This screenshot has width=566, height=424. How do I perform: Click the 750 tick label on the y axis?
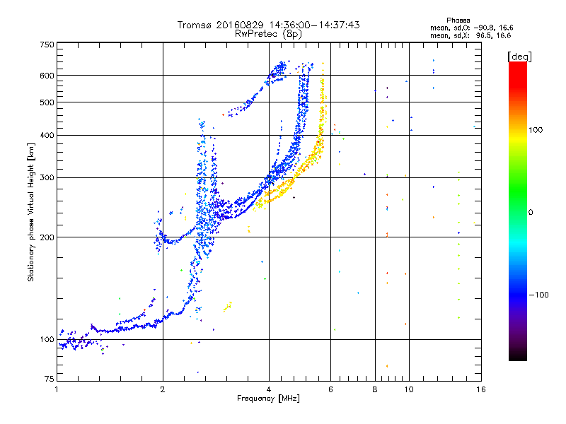tap(47, 45)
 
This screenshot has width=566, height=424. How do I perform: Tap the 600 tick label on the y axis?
tap(47, 76)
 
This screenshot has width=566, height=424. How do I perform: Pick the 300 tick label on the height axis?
tap(47, 177)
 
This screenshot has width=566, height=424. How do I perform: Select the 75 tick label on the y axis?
tap(49, 379)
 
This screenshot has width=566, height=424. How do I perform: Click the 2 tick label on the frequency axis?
tap(163, 389)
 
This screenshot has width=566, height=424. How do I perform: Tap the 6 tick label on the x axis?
tap(330, 389)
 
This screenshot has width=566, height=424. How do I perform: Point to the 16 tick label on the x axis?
tap(481, 389)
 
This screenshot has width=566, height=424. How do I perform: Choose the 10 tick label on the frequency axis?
tap(409, 389)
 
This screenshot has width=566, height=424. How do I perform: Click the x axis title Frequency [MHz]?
tap(268, 399)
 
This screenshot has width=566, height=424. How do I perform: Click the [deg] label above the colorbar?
tap(519, 57)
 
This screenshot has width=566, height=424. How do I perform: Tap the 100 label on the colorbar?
tap(536, 130)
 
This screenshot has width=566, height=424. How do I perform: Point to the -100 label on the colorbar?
tap(538, 295)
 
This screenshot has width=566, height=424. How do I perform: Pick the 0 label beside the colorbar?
tap(531, 212)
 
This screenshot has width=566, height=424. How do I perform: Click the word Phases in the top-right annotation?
tap(458, 20)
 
